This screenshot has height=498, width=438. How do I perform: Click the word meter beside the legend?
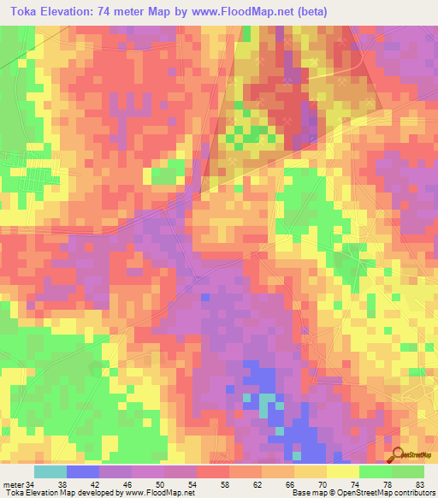13,484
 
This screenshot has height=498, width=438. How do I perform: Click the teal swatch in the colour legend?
50,471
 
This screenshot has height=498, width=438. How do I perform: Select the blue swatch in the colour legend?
83,471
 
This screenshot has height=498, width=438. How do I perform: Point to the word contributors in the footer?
413,493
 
